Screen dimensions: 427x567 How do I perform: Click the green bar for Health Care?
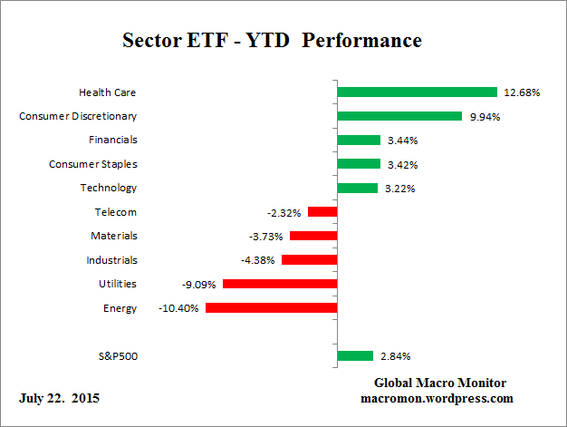tap(417, 92)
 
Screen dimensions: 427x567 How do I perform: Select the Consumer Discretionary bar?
tap(399, 116)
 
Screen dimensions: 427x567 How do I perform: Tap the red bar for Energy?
tap(271, 308)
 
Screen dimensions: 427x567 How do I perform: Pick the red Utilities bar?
tap(279, 284)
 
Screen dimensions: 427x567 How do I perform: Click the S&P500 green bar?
tap(354, 356)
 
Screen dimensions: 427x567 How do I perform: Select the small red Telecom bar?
tap(322, 212)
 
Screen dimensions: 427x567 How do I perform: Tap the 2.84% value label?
tap(395, 356)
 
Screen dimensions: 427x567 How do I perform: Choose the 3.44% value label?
tap(402, 141)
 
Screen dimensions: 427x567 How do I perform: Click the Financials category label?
tap(112, 141)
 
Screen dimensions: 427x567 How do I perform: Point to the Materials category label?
tap(114, 236)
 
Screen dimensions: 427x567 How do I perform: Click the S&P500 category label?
tap(116, 356)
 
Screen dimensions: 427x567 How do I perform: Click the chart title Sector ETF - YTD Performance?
tap(272, 41)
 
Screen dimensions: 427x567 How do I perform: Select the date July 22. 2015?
tap(59, 398)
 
